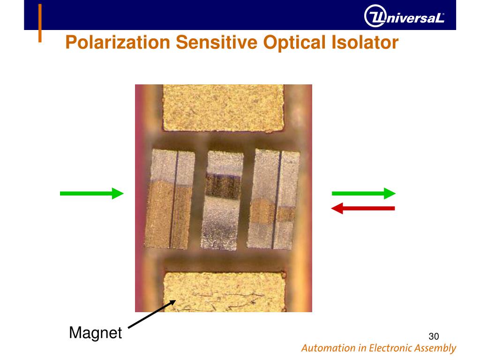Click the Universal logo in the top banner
click(404, 18)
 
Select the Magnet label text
click(95, 333)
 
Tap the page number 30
click(433, 336)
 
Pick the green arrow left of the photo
click(91, 193)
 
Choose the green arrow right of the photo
click(364, 193)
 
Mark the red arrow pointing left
click(363, 208)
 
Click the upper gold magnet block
click(224, 108)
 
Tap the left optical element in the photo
click(170, 199)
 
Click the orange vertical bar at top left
click(40, 23)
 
